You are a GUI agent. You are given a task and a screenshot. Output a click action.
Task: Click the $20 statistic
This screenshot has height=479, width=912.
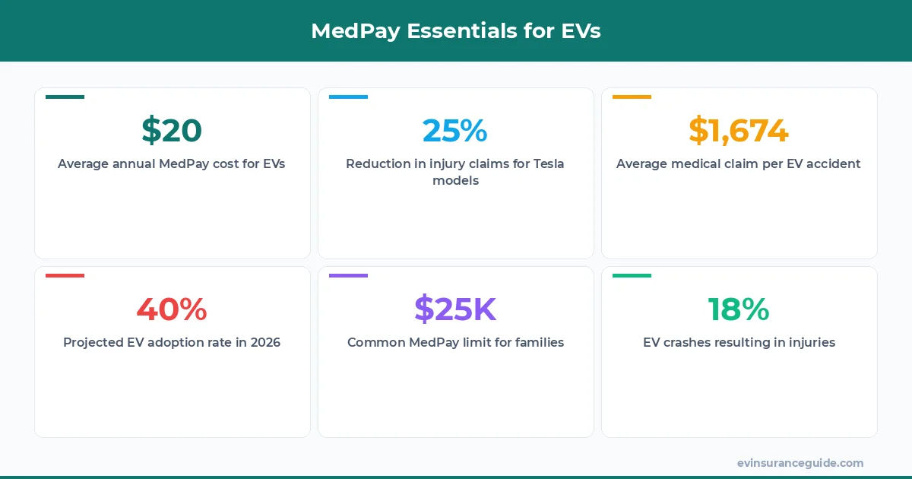172,131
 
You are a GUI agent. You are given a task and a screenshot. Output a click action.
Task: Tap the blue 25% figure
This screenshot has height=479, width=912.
454,131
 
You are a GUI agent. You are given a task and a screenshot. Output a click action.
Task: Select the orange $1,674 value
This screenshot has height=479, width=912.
739,131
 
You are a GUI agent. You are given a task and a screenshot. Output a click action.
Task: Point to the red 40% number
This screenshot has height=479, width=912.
172,309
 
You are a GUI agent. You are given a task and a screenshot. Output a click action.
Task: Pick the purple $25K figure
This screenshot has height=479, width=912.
454,309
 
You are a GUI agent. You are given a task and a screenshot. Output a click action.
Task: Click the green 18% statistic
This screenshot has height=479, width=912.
739,309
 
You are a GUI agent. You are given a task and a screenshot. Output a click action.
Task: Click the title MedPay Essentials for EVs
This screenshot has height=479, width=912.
456,31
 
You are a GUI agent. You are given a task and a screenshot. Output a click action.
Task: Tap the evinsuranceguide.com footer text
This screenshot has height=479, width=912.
800,463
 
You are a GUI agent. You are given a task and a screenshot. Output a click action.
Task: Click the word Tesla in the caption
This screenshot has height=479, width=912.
546,163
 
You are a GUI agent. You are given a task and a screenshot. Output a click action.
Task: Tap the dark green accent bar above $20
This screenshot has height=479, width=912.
65,97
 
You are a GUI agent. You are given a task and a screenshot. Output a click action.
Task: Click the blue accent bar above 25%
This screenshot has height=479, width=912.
348,97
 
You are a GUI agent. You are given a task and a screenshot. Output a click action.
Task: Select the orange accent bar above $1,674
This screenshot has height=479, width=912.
632,97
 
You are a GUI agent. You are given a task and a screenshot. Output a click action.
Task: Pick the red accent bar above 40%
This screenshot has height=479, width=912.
65,275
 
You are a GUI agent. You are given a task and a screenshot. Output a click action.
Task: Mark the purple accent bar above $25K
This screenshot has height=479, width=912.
348,275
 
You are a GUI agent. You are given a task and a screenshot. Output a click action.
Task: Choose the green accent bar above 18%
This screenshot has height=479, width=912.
632,275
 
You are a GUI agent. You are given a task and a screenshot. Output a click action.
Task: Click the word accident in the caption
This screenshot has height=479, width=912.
834,163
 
